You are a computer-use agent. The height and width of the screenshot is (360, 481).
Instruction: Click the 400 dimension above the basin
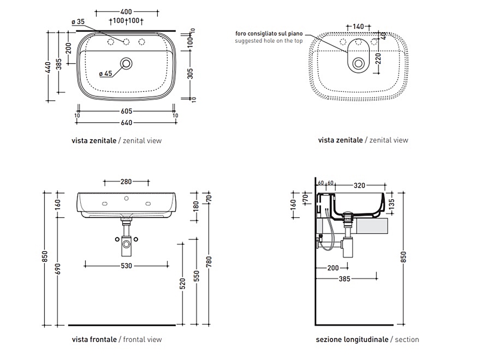coord(126,12)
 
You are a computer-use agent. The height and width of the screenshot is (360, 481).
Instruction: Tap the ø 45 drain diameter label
coord(105,74)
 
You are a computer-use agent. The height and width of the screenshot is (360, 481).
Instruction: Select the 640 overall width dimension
coord(126,122)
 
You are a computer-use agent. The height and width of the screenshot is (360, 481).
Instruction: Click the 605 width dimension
coord(126,112)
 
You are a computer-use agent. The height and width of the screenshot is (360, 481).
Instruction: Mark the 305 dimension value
coord(190,73)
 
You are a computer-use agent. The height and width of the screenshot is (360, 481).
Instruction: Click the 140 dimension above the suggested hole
coord(358,26)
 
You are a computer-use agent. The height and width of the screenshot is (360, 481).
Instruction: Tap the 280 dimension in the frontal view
coord(126,182)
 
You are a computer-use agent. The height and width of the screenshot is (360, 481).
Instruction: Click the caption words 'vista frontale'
coord(94,339)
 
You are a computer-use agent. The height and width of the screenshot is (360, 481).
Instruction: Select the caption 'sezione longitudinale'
coord(352,339)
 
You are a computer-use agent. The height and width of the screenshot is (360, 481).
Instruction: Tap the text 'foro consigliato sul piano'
coord(269,33)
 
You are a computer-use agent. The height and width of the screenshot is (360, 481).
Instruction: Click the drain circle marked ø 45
coord(127,63)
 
